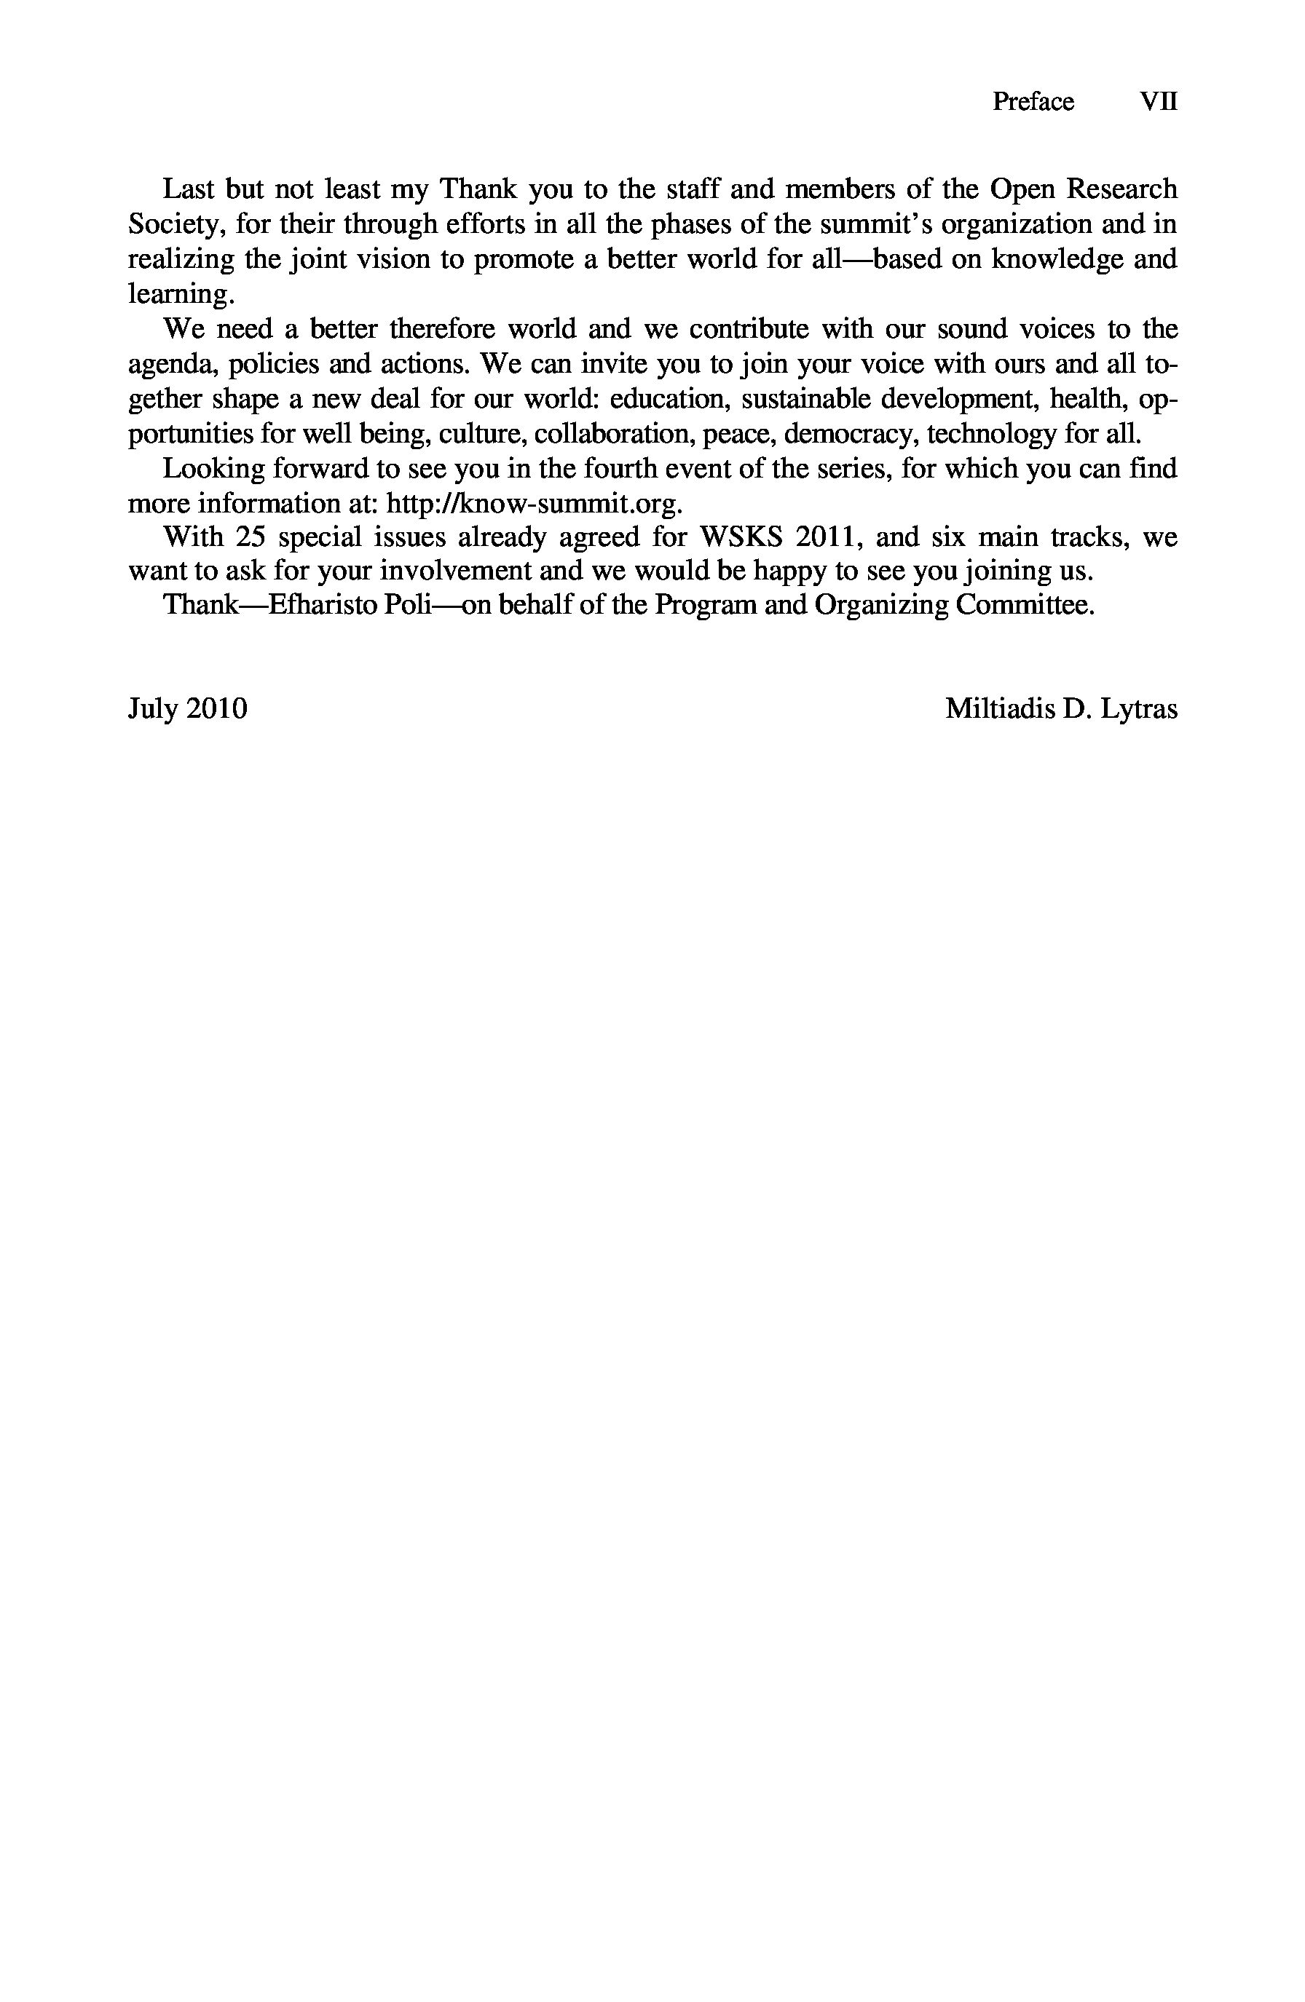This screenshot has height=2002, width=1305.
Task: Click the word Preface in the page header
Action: point(1033,102)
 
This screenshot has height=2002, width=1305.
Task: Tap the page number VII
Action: point(1158,102)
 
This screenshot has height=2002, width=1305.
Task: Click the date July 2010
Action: point(188,709)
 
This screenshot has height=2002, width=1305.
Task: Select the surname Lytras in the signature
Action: point(1138,709)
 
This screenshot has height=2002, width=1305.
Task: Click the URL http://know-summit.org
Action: point(531,504)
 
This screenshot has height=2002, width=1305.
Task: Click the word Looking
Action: point(211,469)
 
